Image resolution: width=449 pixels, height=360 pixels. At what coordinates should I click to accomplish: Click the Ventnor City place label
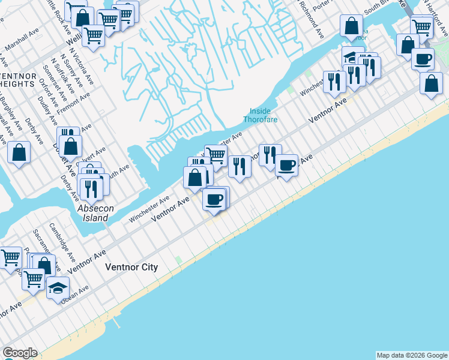(x=131, y=267)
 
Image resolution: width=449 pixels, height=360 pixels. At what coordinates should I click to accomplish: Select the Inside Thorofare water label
(x=257, y=115)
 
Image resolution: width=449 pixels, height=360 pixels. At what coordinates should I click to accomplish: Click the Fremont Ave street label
(x=73, y=103)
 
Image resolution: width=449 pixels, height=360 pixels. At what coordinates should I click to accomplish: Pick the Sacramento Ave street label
(x=43, y=241)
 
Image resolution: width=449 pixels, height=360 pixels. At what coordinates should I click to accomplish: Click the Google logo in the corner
(x=20, y=353)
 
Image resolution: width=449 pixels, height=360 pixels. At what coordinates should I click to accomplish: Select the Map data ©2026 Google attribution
(x=412, y=355)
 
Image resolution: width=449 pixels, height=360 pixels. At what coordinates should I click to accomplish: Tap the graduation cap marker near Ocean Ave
(x=58, y=289)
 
